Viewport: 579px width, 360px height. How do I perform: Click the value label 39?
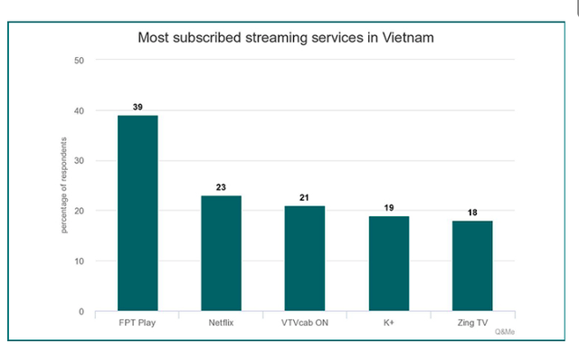point(138,107)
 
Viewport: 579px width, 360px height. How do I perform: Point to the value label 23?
point(221,187)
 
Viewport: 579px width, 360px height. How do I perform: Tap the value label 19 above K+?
point(388,208)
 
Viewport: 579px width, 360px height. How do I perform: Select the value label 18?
point(472,213)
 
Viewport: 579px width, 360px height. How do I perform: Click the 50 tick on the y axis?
point(80,61)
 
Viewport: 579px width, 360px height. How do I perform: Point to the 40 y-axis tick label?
point(80,110)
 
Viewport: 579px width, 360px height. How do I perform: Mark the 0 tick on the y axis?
point(81,312)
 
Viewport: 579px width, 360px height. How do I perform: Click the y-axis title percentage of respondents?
point(64,185)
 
